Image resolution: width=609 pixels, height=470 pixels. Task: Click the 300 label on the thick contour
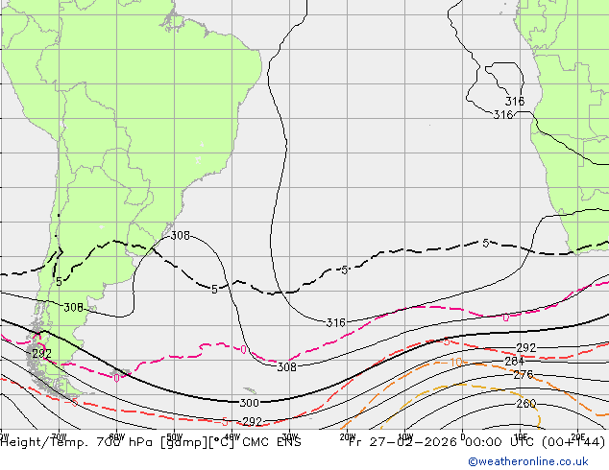coord(249,403)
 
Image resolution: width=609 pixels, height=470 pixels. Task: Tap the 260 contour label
coord(525,404)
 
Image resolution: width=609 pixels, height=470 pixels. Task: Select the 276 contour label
coord(523,375)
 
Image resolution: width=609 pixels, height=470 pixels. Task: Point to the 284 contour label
coord(515,362)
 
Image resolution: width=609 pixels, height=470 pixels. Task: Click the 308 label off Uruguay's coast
coord(180,236)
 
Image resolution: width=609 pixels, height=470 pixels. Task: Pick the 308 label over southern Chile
coord(73,308)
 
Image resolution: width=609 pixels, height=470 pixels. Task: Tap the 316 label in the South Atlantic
coord(335,323)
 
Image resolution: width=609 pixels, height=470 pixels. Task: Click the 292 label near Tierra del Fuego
coord(41,354)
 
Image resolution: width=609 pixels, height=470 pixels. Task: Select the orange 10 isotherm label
coord(456,363)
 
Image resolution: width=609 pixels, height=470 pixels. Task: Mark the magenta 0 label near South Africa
coord(506,317)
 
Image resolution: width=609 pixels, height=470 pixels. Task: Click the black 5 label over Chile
coord(59,282)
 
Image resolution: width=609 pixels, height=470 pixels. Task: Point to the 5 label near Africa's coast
coord(486,243)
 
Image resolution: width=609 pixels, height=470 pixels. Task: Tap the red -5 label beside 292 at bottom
coord(225,421)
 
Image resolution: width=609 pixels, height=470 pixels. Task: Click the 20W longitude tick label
coord(348,435)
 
